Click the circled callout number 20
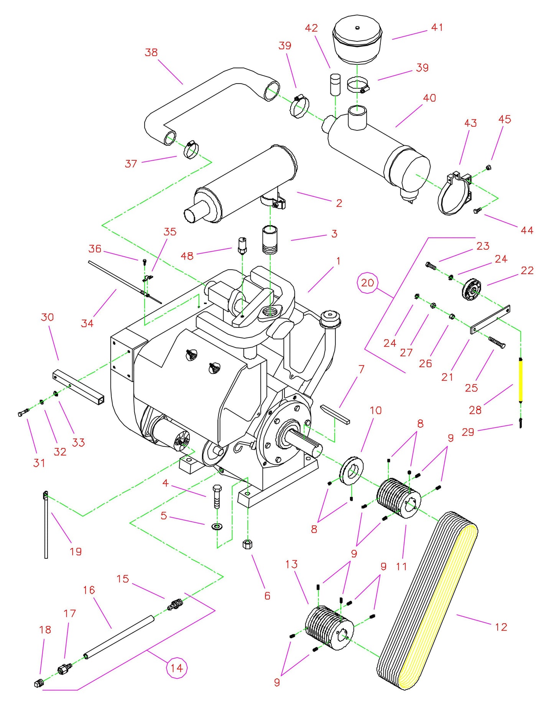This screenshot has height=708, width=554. [x=367, y=283]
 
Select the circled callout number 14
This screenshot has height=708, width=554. [x=176, y=668]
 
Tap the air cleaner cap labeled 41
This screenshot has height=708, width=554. [x=357, y=38]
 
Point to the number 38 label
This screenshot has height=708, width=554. [x=151, y=52]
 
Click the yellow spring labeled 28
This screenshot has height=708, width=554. [x=520, y=380]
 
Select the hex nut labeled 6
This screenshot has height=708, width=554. [x=247, y=545]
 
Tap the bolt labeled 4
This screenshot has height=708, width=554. [x=217, y=497]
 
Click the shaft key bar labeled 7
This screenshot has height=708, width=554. [x=335, y=414]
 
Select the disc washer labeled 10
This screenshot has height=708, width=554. [x=351, y=471]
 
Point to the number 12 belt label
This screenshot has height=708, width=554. [x=501, y=627]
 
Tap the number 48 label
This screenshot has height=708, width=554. [x=187, y=256]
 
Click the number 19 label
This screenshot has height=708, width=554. [x=76, y=551]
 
